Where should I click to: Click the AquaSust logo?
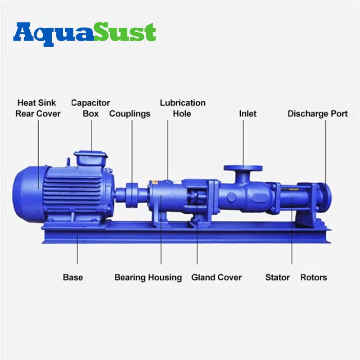pos(85,34)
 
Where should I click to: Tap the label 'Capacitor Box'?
pos(91,108)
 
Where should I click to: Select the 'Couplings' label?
pos(130,114)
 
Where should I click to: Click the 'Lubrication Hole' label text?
pos(183,108)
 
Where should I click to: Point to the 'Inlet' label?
pos(248,113)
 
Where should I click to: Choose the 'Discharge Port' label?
pos(318,114)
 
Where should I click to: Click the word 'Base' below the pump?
pos(73,277)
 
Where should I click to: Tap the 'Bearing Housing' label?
pos(148,278)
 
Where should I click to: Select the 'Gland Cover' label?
pos(216,277)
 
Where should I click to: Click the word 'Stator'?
pos(277,277)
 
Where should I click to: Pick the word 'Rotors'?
pos(314,277)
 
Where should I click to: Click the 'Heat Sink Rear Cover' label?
pos(38,108)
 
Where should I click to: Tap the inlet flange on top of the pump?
pos(243,168)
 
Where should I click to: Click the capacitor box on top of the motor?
pos(91,158)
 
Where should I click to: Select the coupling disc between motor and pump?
pos(131,195)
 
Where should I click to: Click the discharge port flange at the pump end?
pos(325,196)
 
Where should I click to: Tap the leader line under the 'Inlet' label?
pos(243,143)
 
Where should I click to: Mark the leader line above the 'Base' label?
pos(77,250)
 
